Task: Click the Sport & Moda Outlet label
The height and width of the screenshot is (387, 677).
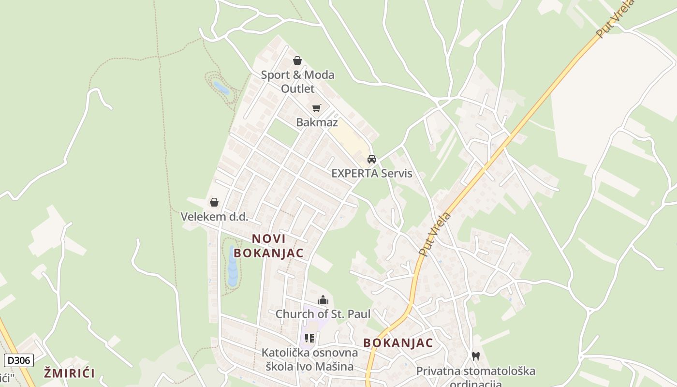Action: (x=297, y=82)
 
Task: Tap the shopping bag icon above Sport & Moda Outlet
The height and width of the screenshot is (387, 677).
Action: (x=297, y=60)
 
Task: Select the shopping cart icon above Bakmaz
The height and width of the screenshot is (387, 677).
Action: (x=316, y=108)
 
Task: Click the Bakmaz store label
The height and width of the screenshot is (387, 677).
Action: (x=317, y=122)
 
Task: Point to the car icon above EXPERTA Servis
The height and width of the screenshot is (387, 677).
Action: (x=371, y=159)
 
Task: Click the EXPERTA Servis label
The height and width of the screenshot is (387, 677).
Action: (x=371, y=173)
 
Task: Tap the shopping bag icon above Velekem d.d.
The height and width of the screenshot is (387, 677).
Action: (x=214, y=202)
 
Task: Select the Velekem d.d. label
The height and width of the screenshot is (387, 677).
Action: (x=214, y=216)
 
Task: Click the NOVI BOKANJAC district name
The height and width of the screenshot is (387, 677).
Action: (x=268, y=246)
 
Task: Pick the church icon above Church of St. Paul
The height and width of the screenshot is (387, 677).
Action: (x=323, y=300)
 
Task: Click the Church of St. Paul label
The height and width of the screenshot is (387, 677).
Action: (x=323, y=314)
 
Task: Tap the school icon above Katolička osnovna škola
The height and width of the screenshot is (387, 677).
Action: (x=309, y=338)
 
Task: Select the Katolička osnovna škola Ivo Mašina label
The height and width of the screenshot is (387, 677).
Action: (x=309, y=359)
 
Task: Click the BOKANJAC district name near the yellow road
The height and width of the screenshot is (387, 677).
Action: (x=398, y=343)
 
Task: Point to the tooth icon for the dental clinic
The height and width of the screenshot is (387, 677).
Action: (x=476, y=357)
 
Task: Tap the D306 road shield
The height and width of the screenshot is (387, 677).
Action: (x=19, y=360)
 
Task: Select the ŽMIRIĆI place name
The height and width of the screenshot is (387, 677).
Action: (x=69, y=373)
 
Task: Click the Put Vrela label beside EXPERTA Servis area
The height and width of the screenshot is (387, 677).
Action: (x=435, y=234)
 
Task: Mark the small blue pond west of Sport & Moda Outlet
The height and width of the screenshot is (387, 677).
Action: (x=221, y=88)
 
